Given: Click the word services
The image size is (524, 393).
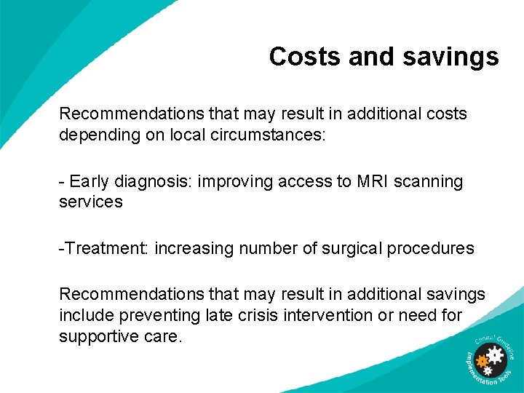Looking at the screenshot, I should point(91,202).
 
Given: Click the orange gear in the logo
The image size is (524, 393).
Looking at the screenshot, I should point(481,360).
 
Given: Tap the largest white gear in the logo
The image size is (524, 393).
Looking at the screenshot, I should point(496,355).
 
